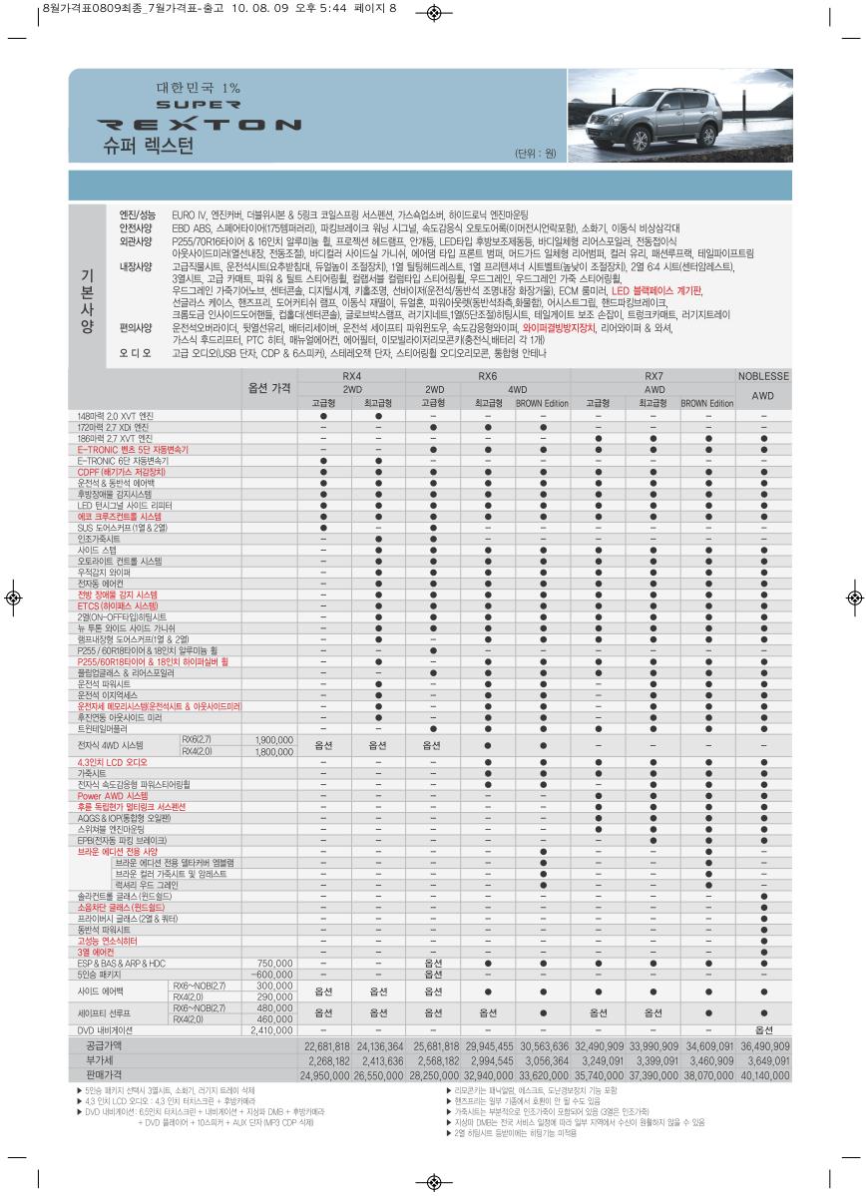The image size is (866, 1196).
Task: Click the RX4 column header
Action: [351, 376]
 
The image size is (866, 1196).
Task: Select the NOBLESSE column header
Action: [762, 376]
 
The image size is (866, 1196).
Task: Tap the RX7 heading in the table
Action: [653, 376]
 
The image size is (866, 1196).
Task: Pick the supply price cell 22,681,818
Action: [326, 1046]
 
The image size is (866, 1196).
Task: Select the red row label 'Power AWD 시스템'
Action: [106, 796]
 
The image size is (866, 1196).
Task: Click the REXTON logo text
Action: [201, 125]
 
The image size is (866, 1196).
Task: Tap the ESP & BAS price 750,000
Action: [274, 964]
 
